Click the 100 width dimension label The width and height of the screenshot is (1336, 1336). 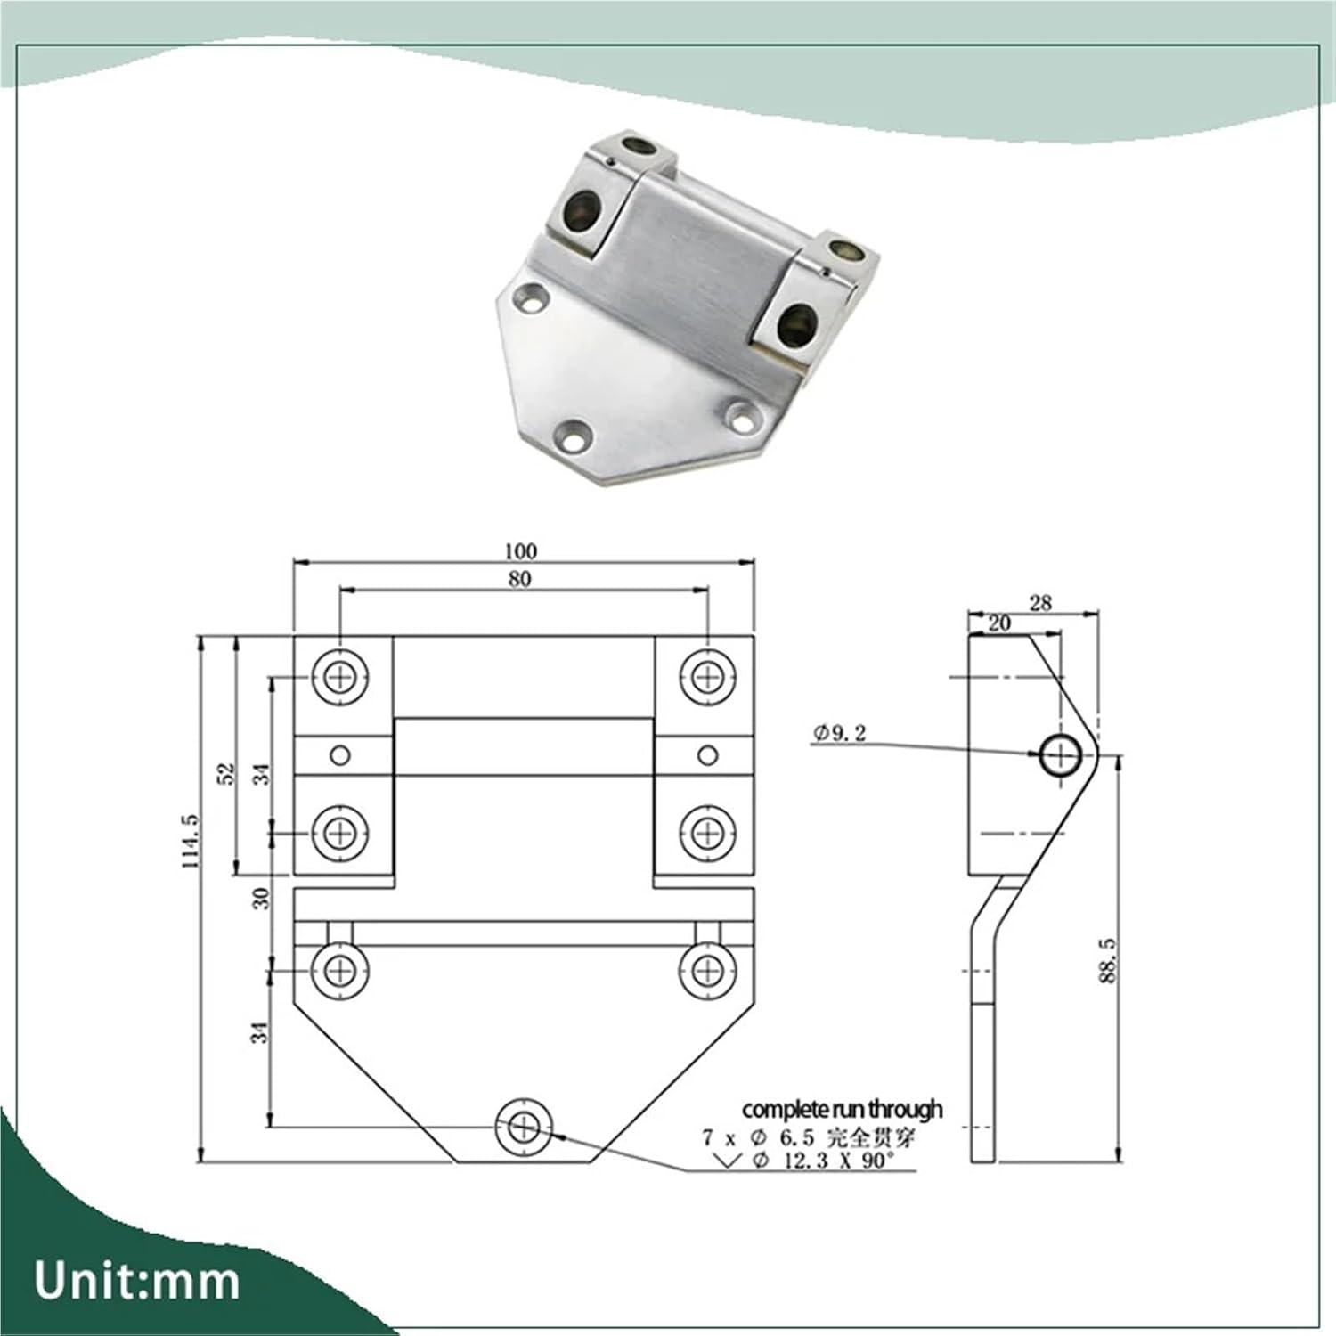click(x=520, y=550)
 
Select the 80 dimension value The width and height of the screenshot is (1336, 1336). click(x=520, y=579)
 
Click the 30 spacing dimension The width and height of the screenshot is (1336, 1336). click(x=260, y=899)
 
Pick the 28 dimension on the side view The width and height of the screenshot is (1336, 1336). click(x=1040, y=603)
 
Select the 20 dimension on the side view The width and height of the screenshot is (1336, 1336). click(x=999, y=623)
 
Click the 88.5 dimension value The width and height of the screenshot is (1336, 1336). click(x=1107, y=960)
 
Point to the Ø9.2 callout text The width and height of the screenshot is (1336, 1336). click(x=839, y=733)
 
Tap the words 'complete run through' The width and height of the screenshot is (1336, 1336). click(x=842, y=1109)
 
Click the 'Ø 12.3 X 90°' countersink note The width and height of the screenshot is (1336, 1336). click(x=821, y=1161)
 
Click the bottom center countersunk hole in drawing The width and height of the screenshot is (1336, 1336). click(x=525, y=1128)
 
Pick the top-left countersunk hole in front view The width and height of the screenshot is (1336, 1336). click(x=340, y=678)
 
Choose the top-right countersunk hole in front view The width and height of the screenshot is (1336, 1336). click(x=707, y=678)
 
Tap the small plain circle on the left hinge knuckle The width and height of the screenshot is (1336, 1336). click(x=340, y=756)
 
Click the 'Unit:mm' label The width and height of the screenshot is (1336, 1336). click(x=137, y=1281)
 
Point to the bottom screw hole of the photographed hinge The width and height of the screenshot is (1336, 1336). click(x=573, y=436)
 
